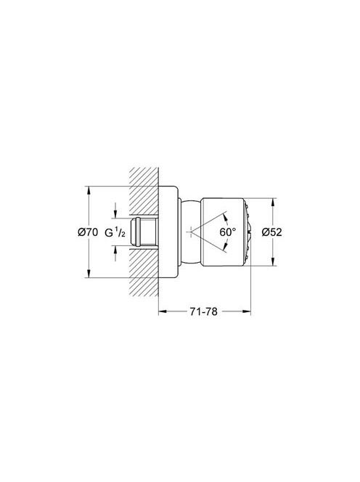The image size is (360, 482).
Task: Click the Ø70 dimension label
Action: pyautogui.click(x=88, y=232)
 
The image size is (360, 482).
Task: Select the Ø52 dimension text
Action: pyautogui.click(x=271, y=232)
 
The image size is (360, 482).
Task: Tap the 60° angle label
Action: pyautogui.click(x=228, y=232)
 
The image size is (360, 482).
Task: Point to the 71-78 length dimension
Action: pyautogui.click(x=203, y=311)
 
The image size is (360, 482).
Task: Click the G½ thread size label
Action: pyautogui.click(x=115, y=232)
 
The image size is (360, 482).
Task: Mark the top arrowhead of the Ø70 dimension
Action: pyautogui.click(x=89, y=190)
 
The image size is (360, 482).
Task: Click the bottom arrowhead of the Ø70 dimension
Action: pyautogui.click(x=89, y=274)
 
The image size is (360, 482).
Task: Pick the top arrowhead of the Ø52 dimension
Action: pyautogui.click(x=273, y=202)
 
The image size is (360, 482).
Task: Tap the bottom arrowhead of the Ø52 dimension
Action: pyautogui.click(x=273, y=261)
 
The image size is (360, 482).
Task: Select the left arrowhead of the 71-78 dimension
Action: pyautogui.click(x=163, y=311)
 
